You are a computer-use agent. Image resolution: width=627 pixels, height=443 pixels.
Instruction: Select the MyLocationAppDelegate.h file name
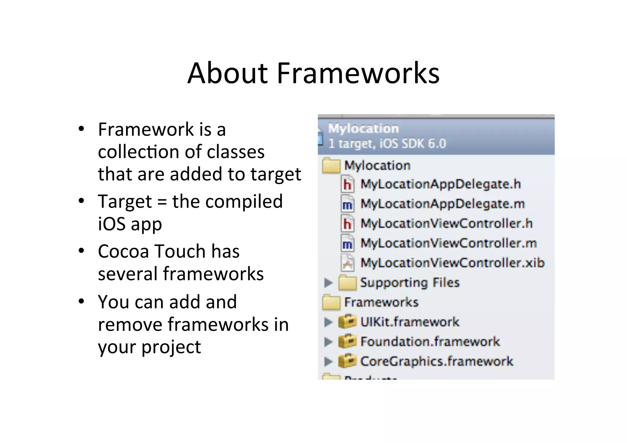[x=441, y=184]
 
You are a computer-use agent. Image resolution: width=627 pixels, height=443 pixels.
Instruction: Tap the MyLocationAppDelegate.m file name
[x=442, y=204]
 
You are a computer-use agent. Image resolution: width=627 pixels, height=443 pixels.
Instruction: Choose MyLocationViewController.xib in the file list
[x=452, y=263]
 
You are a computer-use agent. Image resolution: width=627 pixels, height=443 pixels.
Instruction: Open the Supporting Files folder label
[x=410, y=282]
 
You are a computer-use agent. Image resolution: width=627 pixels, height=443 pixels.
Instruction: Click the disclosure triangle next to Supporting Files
[x=328, y=283]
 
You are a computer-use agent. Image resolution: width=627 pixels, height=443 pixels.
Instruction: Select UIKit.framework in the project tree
[x=410, y=322]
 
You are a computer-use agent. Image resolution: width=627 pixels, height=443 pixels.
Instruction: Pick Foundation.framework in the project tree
[x=430, y=341]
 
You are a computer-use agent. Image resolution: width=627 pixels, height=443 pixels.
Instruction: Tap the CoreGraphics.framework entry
[x=437, y=361]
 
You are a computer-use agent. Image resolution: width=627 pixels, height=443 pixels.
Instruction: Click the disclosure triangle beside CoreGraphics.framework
[x=328, y=362]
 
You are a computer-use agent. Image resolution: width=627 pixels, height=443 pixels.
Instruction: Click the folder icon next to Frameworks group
[x=331, y=302]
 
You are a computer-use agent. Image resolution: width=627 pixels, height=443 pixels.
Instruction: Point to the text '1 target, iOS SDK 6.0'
[x=387, y=143]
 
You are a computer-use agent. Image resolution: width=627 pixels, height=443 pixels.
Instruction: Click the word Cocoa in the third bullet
[x=123, y=251]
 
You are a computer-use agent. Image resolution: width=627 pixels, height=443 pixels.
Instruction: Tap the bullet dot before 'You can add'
[x=81, y=301]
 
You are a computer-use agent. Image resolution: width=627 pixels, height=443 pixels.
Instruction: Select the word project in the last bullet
[x=171, y=347]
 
